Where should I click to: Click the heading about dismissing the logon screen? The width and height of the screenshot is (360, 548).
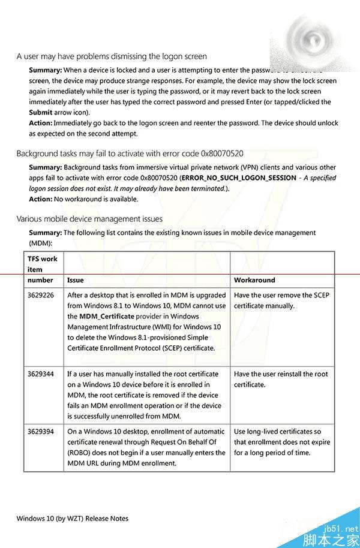tap(112, 57)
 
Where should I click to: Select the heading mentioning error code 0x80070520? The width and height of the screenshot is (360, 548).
tap(130, 154)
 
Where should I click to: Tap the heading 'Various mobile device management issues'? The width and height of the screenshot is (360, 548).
tap(89, 219)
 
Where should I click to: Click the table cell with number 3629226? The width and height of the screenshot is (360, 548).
tap(41, 296)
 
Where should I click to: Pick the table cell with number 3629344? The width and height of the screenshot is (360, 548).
tap(41, 374)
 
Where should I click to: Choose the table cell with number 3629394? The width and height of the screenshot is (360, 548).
tap(41, 432)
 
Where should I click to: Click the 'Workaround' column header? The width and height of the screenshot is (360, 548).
tap(254, 280)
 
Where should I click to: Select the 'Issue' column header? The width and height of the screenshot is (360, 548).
tap(76, 280)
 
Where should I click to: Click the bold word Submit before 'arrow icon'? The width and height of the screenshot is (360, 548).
tap(41, 112)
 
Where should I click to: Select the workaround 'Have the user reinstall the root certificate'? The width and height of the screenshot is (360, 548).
tap(281, 380)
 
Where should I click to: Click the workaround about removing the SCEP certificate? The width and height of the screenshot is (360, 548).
tap(281, 300)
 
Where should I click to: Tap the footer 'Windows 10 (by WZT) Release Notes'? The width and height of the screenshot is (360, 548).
tap(73, 519)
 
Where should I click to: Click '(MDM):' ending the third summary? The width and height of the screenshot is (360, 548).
tap(41, 243)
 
